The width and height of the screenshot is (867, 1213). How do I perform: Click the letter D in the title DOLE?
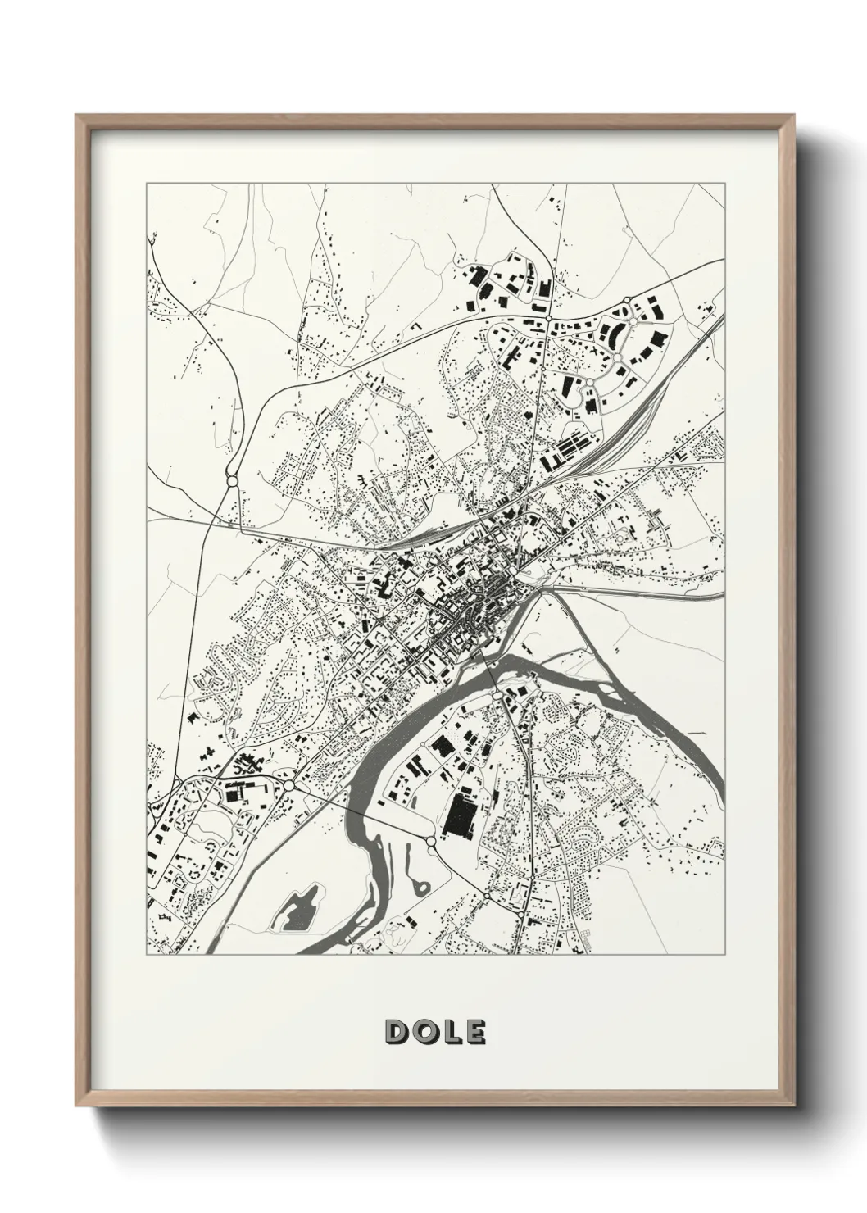396,1032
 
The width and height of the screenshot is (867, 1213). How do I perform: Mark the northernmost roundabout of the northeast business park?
627,300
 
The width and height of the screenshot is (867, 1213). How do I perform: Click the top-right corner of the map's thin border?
725,184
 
